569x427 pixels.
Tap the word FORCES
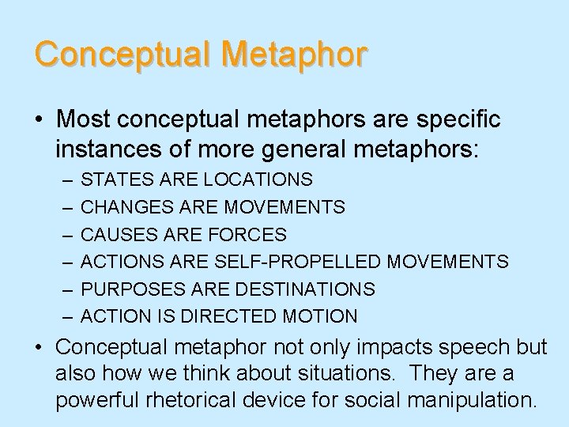[x=249, y=235]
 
